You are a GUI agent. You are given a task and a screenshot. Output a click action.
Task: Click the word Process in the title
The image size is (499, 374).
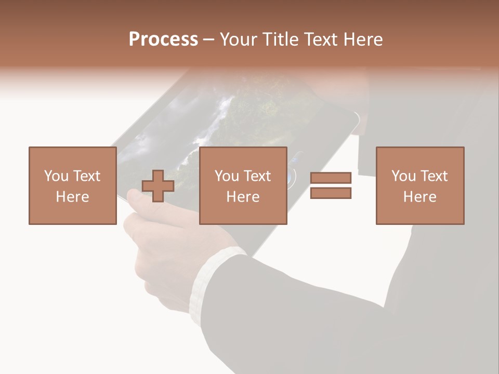coord(163,39)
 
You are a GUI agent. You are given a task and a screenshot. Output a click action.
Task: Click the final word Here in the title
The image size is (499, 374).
coord(363,39)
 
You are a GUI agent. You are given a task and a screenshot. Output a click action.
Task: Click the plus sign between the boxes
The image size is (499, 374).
coord(158,186)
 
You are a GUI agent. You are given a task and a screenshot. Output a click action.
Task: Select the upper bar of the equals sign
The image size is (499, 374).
coord(331,178)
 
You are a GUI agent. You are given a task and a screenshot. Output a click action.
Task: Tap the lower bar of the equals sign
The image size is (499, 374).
coord(331,193)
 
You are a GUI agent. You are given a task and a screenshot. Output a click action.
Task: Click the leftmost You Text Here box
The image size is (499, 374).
coord(72,185)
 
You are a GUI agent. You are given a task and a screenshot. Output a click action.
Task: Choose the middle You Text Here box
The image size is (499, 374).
coord(243,185)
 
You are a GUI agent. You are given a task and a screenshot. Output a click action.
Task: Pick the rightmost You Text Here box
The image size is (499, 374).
coord(419,185)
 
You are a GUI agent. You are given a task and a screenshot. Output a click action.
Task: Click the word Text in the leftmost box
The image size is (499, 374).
coord(86,176)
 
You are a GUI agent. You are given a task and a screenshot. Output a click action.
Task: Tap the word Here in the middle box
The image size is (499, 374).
coord(243,197)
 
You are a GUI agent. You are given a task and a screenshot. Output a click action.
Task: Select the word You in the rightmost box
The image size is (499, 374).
coord(403,176)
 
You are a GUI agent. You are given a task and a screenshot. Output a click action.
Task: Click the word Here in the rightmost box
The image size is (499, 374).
coord(419,197)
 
